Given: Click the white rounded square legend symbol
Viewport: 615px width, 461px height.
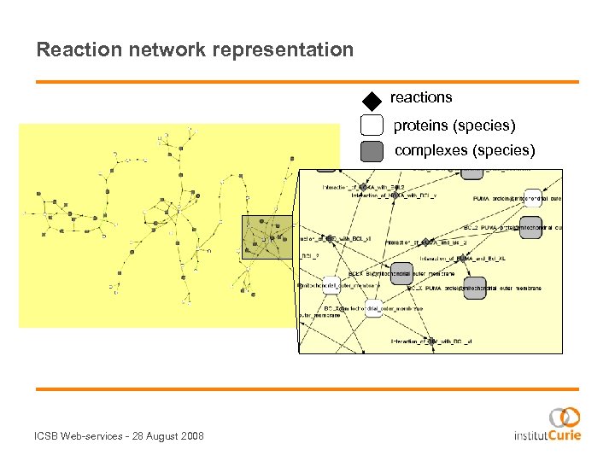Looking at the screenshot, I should [x=372, y=125].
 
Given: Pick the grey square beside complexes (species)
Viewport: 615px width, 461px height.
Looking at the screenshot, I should [x=372, y=151].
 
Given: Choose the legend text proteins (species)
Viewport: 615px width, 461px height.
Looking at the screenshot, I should [x=454, y=125].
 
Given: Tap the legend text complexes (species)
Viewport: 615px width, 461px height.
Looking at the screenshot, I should [x=465, y=151].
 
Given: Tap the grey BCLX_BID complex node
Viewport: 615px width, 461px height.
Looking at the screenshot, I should [x=404, y=273].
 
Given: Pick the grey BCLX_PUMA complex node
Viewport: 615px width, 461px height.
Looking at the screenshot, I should [x=475, y=287].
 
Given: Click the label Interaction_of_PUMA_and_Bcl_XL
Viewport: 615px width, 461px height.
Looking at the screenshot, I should [x=463, y=258].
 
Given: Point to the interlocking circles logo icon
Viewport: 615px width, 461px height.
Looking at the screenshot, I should [x=565, y=417].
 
